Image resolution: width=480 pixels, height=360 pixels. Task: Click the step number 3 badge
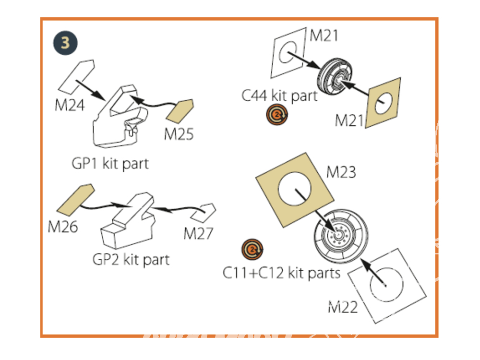(x=65, y=43)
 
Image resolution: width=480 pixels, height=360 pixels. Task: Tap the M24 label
(x=70, y=105)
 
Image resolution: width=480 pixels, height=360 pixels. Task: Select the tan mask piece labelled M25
(x=180, y=111)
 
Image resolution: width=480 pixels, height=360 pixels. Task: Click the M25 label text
(x=179, y=134)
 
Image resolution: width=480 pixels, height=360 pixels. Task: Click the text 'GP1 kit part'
(x=110, y=163)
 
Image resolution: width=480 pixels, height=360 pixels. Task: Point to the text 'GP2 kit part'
(x=131, y=260)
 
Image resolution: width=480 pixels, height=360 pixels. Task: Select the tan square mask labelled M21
(x=384, y=103)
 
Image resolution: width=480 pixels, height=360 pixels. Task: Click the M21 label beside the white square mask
(x=324, y=36)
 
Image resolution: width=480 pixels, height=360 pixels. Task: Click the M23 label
(x=341, y=171)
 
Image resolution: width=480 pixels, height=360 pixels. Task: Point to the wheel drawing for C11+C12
(x=341, y=236)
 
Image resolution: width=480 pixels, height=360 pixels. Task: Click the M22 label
(x=343, y=307)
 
